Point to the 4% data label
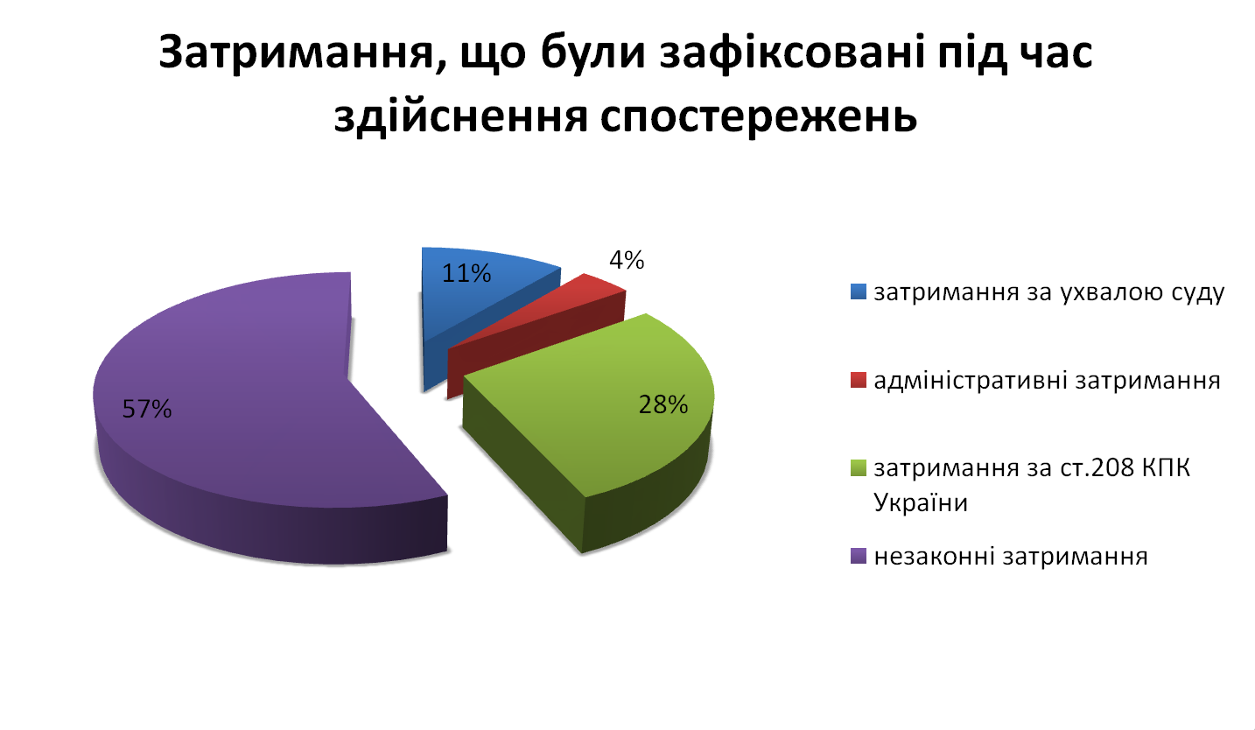(x=627, y=260)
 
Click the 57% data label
(x=147, y=409)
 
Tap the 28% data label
(x=663, y=404)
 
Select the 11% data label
(x=466, y=273)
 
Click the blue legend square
(x=858, y=291)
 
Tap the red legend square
(x=858, y=381)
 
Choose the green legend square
(x=858, y=467)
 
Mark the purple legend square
(x=858, y=557)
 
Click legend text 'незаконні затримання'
(x=1011, y=557)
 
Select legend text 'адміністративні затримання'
(x=1047, y=381)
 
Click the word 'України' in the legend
(x=921, y=502)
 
